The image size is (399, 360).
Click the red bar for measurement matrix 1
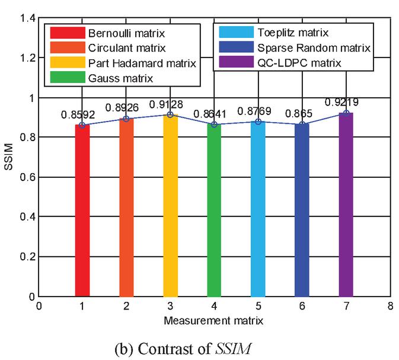(82, 211)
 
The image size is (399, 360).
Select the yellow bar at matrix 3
(170, 205)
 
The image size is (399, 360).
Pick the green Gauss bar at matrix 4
(214, 210)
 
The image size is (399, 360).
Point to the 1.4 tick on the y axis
(26, 18)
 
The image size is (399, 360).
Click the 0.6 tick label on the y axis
(26, 177)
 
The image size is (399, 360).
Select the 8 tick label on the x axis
(390, 307)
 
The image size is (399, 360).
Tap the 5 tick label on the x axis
(258, 307)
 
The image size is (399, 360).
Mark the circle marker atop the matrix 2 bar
(126, 119)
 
